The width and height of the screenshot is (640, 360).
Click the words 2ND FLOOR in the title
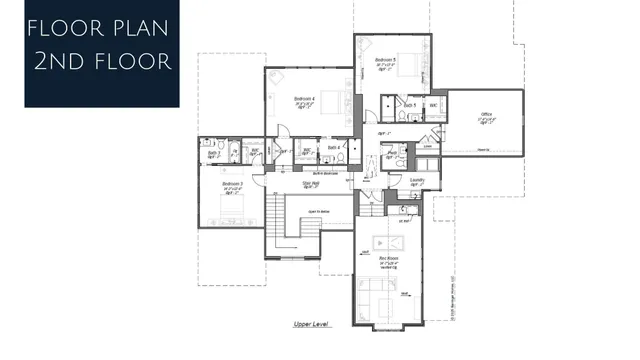point(100,61)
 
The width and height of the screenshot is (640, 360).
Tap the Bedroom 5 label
point(386,61)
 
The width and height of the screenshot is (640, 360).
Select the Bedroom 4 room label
point(305,98)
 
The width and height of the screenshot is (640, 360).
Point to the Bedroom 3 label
point(232,185)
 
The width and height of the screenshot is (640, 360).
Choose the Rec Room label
point(389,259)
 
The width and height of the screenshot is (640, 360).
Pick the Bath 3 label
point(213,153)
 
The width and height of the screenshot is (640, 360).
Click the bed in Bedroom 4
point(336,101)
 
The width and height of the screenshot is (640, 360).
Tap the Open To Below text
point(319,212)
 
